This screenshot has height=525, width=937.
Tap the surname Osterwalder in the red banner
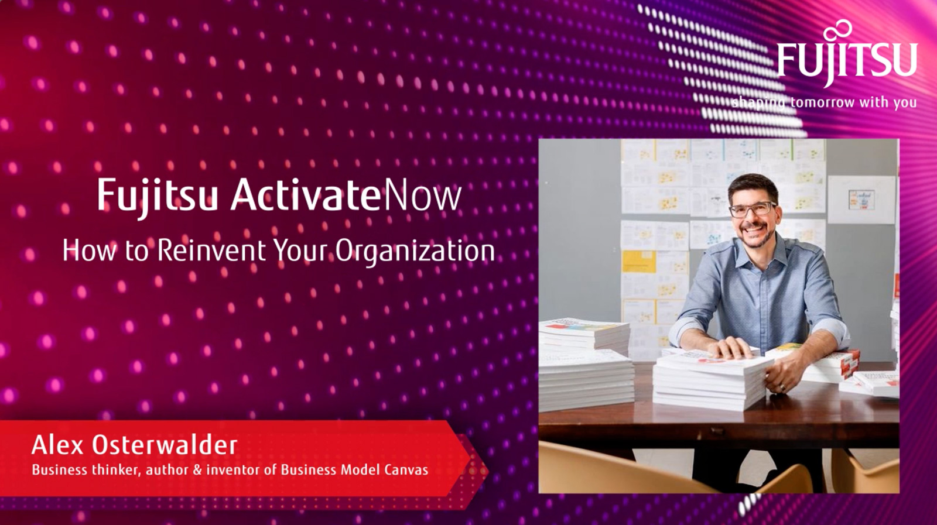tap(164, 445)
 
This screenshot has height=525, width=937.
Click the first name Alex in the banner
tap(58, 445)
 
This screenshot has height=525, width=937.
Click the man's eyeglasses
tap(753, 210)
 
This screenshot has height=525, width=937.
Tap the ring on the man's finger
tap(781, 387)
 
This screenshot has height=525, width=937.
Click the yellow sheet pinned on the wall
tap(638, 259)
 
